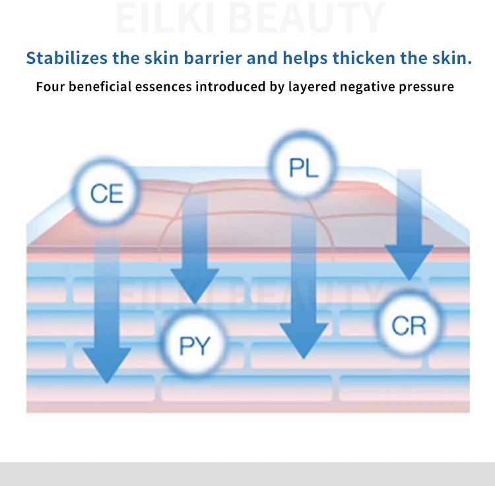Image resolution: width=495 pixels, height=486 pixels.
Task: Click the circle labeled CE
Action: pyautogui.click(x=106, y=193)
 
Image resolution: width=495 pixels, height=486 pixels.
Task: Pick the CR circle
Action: pyautogui.click(x=409, y=324)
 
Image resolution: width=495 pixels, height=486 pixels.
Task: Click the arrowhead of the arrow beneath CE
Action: pyautogui.click(x=106, y=366)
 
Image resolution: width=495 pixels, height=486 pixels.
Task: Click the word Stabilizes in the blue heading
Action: pyautogui.click(x=67, y=58)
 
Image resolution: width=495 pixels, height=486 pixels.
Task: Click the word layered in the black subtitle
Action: pyautogui.click(x=310, y=86)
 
